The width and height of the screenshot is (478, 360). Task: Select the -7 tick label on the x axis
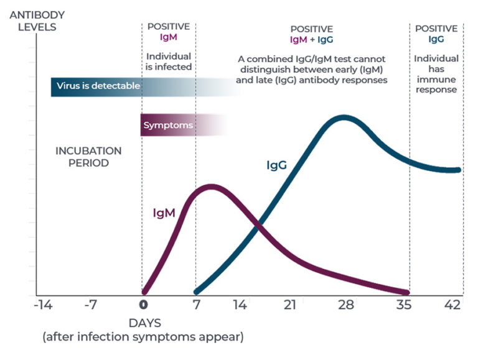click(91, 305)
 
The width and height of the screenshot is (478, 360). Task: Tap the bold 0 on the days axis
click(143, 305)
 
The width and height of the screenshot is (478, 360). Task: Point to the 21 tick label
click(289, 305)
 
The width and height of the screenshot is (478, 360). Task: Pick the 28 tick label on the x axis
click(345, 305)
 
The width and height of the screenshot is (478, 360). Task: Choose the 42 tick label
click(452, 305)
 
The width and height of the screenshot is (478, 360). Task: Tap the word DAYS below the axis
click(144, 323)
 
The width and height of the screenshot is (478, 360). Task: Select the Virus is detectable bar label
click(98, 86)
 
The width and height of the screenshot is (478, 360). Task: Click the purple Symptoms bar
click(169, 126)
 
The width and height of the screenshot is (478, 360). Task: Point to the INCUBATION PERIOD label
click(88, 157)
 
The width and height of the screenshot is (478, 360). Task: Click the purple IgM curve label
click(164, 213)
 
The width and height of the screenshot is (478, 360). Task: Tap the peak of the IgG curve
click(343, 117)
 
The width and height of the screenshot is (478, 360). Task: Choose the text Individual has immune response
click(436, 74)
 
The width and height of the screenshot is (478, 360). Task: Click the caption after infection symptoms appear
click(143, 338)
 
